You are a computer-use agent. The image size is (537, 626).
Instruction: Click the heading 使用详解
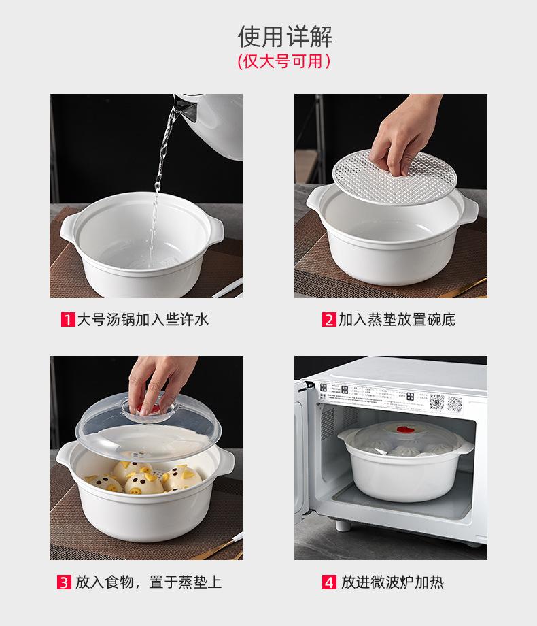tap(285, 35)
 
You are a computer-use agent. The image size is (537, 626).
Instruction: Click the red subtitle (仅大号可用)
tap(285, 62)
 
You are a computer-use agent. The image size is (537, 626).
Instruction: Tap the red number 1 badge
tap(68, 319)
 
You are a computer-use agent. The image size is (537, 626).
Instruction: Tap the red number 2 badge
tap(329, 319)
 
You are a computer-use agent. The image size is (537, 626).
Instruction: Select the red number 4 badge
tap(329, 582)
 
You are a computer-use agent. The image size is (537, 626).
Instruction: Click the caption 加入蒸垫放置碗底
tap(396, 319)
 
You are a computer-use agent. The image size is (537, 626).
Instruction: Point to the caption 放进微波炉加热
tap(392, 582)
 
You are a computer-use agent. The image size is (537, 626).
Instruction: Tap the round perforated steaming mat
tap(397, 178)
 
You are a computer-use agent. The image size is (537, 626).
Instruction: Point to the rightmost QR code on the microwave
tap(454, 403)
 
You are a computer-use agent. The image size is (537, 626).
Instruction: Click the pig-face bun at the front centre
tap(144, 485)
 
